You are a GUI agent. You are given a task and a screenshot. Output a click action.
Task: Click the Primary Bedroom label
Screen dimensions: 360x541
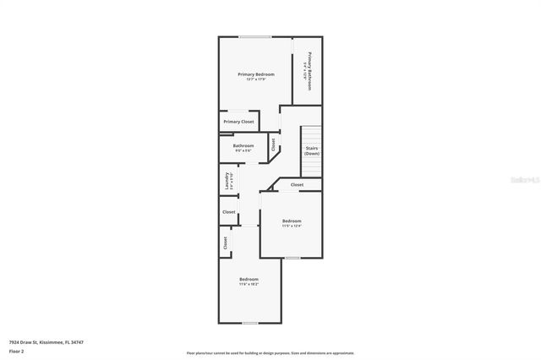coord(255,74)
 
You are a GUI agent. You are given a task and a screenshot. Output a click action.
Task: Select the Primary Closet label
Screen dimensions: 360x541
coord(238,122)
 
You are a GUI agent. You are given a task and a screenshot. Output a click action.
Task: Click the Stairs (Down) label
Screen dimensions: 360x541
coord(312,150)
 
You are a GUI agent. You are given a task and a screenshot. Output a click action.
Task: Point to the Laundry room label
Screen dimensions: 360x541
coord(227,181)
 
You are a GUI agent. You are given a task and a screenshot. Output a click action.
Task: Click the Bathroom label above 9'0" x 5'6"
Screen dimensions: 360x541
coord(243,145)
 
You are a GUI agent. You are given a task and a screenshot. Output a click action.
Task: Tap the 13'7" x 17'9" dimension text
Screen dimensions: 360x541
coord(255,79)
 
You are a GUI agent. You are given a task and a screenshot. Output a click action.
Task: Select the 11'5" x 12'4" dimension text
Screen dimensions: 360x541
coord(292,226)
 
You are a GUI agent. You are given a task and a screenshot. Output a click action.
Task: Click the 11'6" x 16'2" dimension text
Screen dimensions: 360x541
coord(249,285)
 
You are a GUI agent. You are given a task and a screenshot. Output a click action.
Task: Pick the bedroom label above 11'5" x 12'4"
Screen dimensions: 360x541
coord(292,221)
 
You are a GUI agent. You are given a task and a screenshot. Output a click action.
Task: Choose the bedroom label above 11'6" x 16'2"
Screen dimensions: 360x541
coord(249,280)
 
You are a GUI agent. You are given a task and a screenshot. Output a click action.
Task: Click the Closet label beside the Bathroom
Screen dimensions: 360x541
coord(274,145)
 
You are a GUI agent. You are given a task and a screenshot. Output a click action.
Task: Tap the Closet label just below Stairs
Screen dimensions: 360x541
coord(297,184)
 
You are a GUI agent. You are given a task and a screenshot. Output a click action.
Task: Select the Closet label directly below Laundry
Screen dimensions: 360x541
coord(228,212)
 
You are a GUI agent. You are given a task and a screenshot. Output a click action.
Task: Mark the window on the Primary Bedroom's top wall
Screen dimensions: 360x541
coord(254,37)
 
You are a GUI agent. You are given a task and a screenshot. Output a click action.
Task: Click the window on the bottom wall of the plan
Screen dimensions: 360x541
coord(249,322)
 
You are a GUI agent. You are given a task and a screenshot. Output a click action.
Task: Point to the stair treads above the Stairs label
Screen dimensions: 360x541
coord(312,135)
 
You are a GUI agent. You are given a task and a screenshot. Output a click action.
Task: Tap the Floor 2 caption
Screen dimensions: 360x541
coord(17,351)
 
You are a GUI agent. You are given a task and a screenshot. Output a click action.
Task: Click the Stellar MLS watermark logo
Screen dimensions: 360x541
coord(522,180)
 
